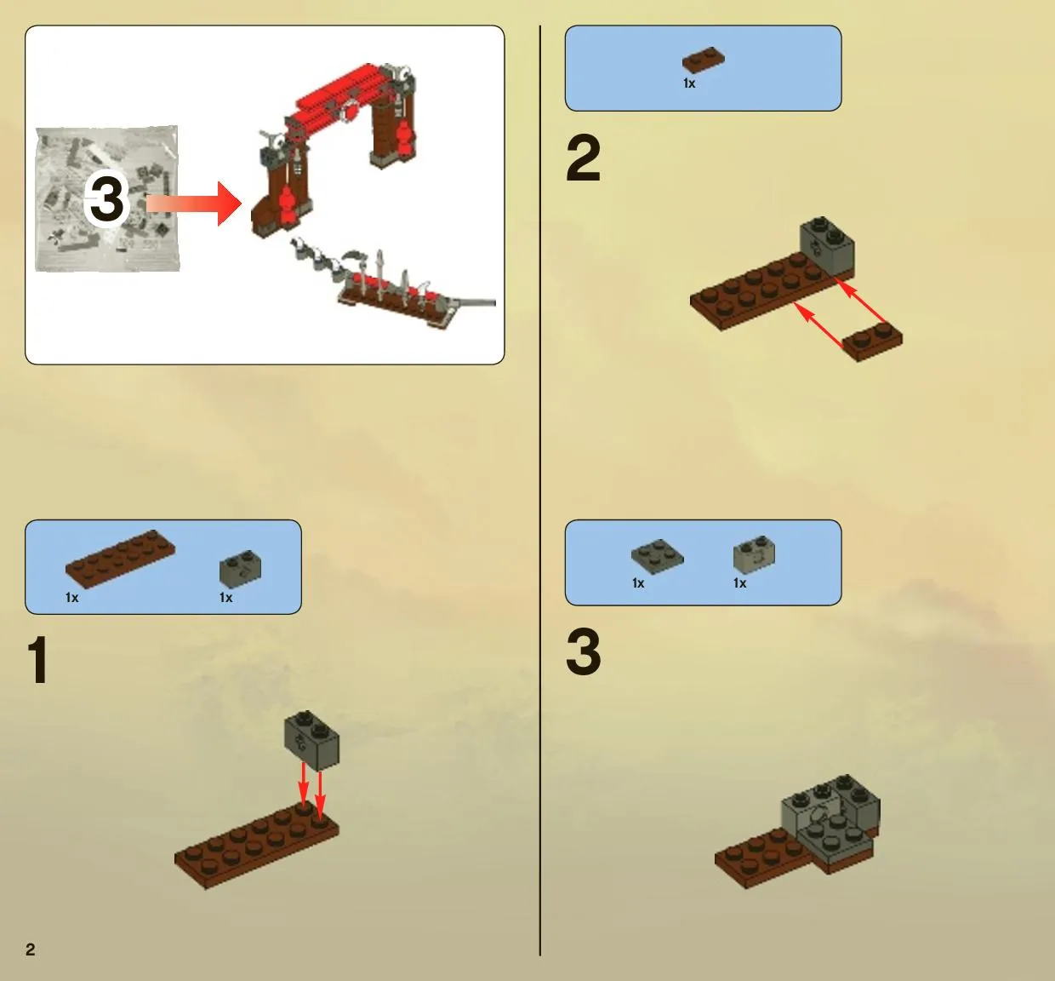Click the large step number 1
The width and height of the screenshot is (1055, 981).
pos(38,660)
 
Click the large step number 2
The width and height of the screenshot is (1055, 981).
pos(584,158)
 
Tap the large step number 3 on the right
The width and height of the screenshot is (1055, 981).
pos(584,651)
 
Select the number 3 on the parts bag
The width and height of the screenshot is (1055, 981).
pos(106,200)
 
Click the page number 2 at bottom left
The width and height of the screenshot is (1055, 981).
pos(31,949)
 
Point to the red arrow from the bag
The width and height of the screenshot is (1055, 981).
pos(194,204)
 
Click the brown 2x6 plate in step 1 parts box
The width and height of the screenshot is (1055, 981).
pos(120,559)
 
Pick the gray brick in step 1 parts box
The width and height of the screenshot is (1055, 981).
pos(240,568)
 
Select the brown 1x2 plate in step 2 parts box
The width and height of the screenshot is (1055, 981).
pos(704,60)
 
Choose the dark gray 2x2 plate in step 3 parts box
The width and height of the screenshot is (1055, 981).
pos(657,557)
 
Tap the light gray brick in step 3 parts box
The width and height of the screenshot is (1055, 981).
pos(754,554)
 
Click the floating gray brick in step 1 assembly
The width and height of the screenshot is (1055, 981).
pos(312,741)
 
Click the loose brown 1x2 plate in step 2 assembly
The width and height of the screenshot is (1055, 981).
pos(873,341)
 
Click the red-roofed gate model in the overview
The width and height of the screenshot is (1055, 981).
pos(334,149)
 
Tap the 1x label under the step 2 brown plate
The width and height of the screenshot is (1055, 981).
pos(689,83)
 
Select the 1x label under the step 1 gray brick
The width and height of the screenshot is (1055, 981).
pos(225,598)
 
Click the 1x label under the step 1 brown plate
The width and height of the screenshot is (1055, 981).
pos(71,598)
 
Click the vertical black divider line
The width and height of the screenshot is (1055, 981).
pos(540,490)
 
